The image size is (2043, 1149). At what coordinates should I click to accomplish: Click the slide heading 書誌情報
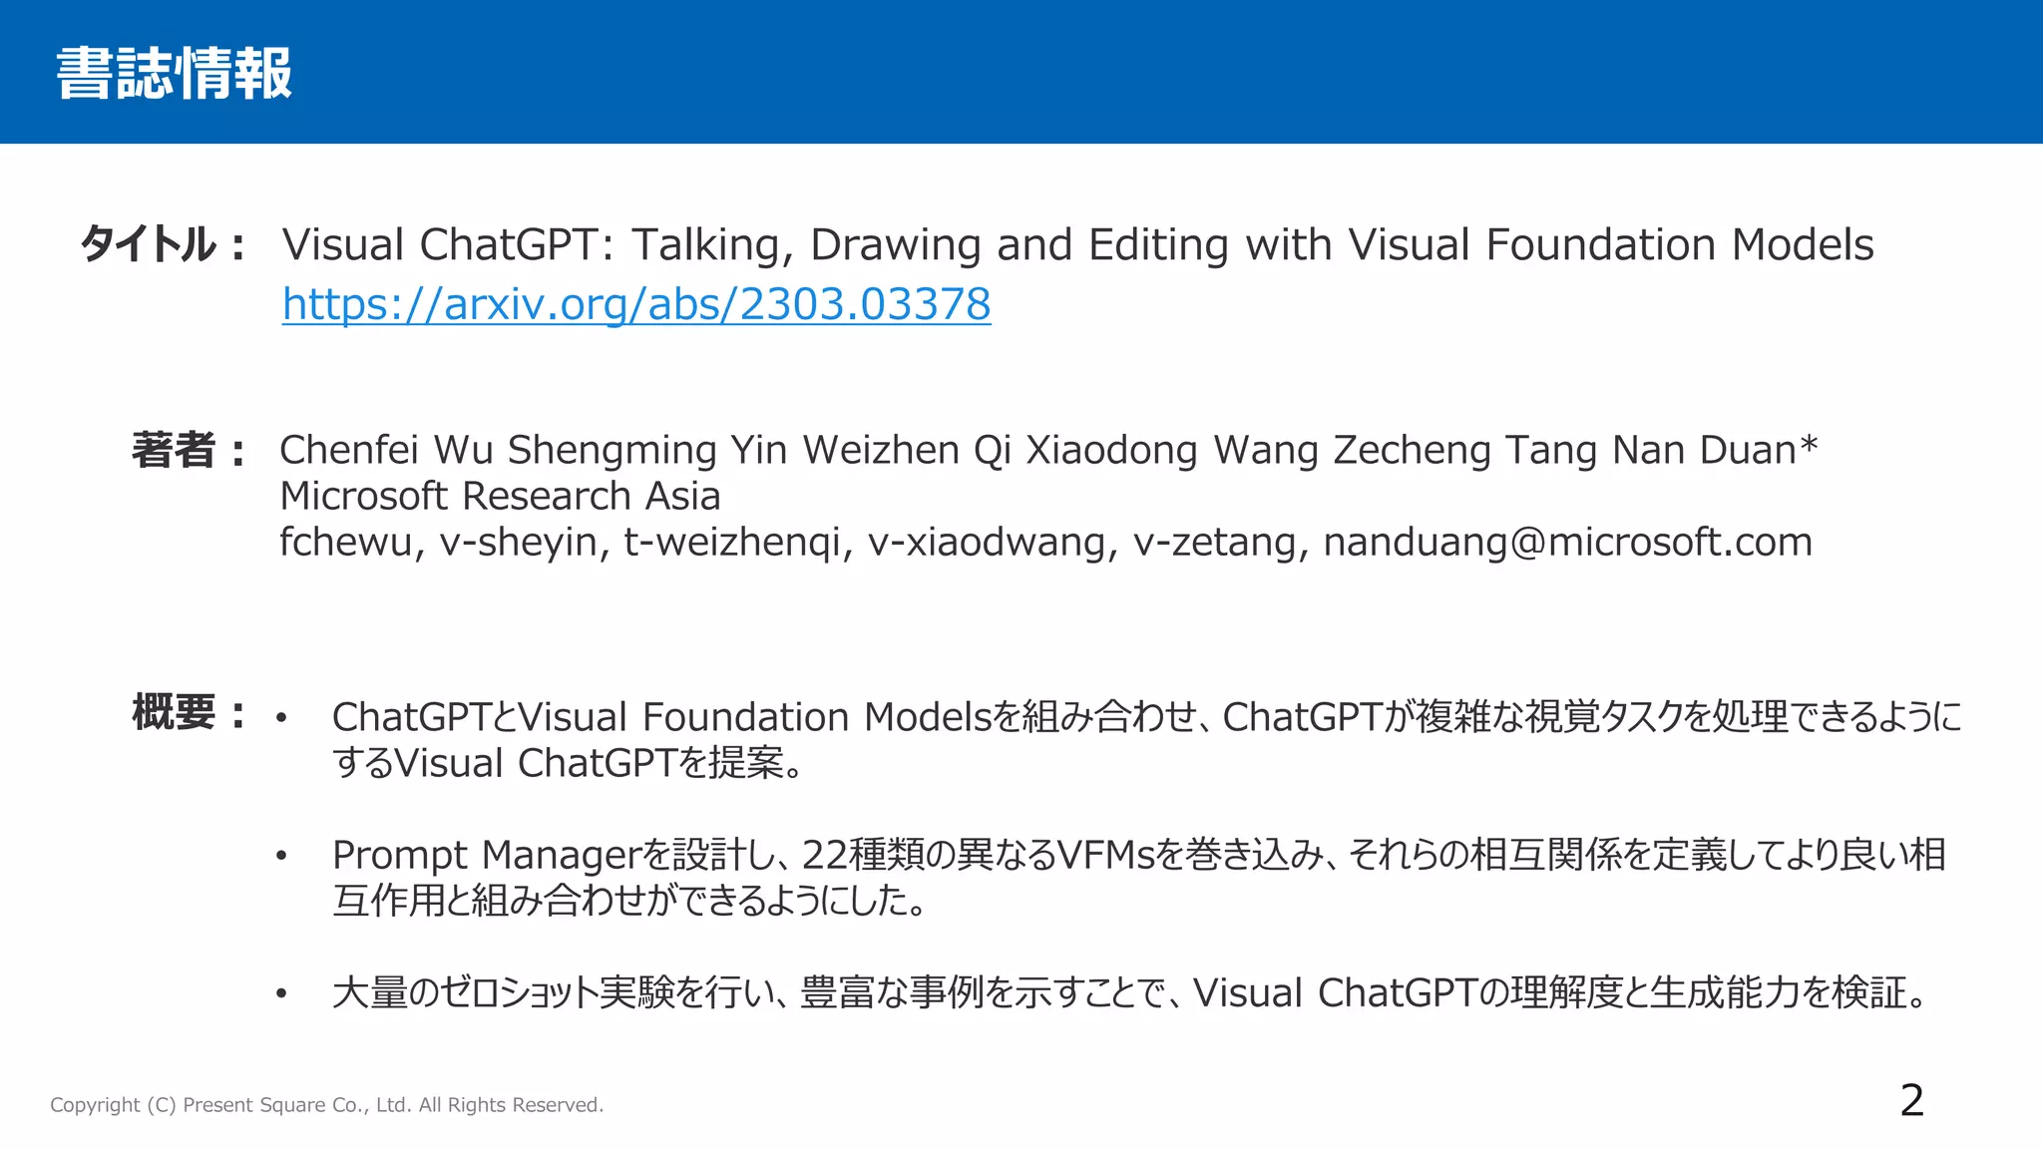click(x=174, y=74)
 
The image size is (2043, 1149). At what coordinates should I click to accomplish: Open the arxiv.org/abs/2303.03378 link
click(x=635, y=304)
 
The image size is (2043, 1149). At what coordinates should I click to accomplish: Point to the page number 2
click(x=1911, y=1101)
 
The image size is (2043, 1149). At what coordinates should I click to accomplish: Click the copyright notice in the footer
click(x=326, y=1105)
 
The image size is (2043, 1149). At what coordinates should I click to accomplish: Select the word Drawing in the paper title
click(x=895, y=245)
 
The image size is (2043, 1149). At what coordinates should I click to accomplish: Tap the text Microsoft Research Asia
click(x=500, y=496)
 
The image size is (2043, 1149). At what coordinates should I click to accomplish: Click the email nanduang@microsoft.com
click(x=1567, y=542)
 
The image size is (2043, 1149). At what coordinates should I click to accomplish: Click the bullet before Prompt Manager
click(x=281, y=856)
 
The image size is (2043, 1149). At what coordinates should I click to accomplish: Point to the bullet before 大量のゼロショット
click(x=281, y=993)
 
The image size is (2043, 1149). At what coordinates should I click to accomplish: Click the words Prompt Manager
click(x=485, y=856)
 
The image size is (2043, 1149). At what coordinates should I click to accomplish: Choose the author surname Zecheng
click(x=1412, y=450)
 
